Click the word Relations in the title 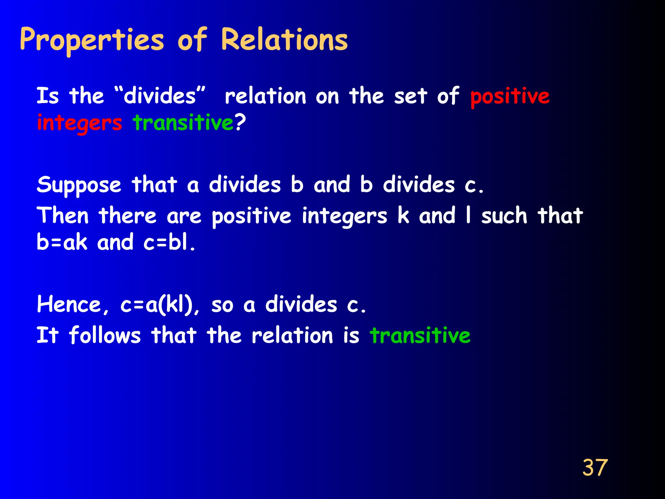[284, 40]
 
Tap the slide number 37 [595, 468]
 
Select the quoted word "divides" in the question [160, 96]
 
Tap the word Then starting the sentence [63, 216]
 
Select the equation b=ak [62, 242]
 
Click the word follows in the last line [105, 335]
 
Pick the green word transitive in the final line [420, 335]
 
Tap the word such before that [504, 216]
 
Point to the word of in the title [192, 40]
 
